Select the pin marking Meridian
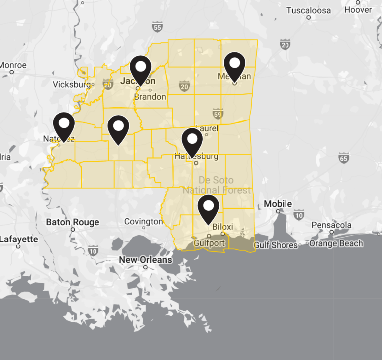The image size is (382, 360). (x=234, y=65)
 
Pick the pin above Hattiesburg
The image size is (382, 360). (x=192, y=140)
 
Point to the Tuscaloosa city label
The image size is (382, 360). (x=308, y=10)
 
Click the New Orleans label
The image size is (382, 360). (x=145, y=260)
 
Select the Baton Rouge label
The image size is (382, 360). (x=73, y=222)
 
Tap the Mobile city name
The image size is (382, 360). (x=278, y=204)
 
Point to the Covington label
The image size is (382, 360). (x=143, y=221)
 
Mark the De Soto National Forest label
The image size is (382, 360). (x=216, y=185)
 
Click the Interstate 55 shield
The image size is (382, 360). (x=157, y=28)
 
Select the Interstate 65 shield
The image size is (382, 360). (x=343, y=159)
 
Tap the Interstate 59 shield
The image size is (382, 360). (x=217, y=114)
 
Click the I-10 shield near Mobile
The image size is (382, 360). (x=298, y=215)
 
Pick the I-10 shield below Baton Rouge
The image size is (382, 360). (x=93, y=252)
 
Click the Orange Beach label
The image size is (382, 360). (x=336, y=244)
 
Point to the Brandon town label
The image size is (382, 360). (x=150, y=97)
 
